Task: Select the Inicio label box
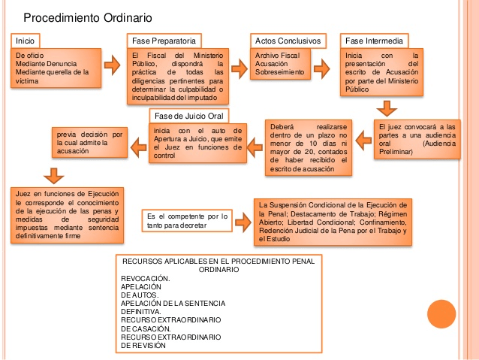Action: (x=26, y=40)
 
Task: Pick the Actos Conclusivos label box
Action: (x=288, y=40)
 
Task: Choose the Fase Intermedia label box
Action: (x=375, y=40)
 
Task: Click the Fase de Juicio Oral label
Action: (x=188, y=115)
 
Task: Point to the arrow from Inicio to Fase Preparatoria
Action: (x=110, y=64)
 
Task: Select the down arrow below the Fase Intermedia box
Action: (x=387, y=107)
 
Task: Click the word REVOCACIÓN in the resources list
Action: (x=146, y=278)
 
